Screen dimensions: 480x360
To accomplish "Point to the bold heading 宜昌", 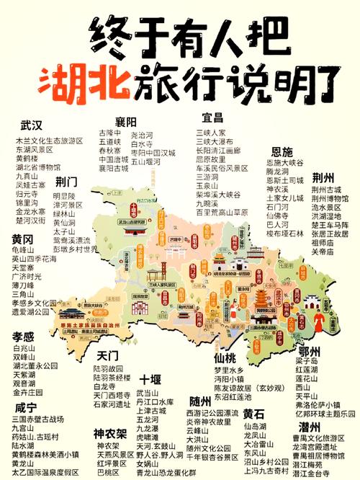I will [x=213, y=117].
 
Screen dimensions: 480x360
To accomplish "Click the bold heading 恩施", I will [x=282, y=151].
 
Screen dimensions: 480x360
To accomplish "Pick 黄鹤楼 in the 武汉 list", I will [x=27, y=158].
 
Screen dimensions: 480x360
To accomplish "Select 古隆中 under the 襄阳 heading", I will [x=109, y=134].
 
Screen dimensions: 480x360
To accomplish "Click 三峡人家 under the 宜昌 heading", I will [x=211, y=133].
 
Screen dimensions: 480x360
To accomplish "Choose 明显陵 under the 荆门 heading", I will [x=64, y=196].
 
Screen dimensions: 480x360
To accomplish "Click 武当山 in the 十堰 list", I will [x=147, y=393].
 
